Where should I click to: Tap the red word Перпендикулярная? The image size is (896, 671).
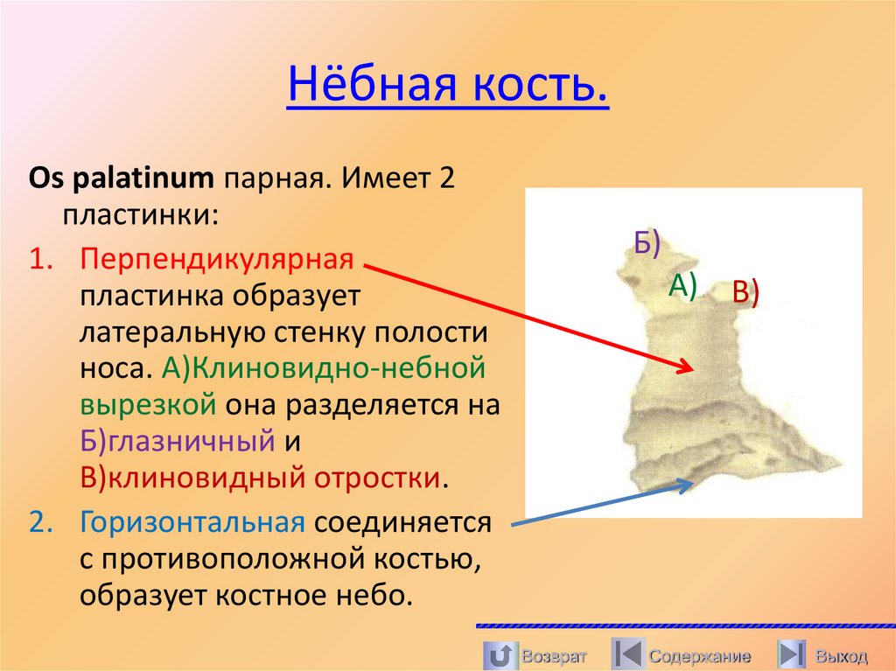[x=217, y=259]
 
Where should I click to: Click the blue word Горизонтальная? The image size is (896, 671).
[x=192, y=522]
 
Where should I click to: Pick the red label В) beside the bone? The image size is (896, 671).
[x=745, y=292]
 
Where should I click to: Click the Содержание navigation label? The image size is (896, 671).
[x=699, y=655]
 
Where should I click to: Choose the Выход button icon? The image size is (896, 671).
[x=792, y=654]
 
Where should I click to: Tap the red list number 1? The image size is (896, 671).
[x=41, y=259]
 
